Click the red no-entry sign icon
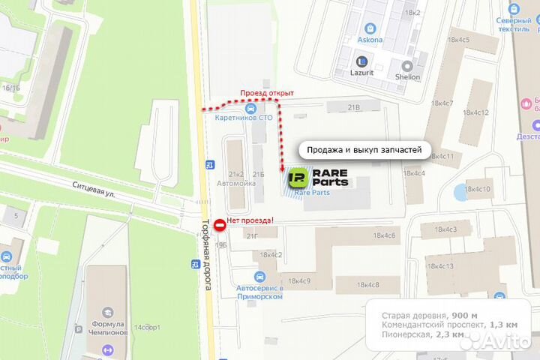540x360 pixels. click(x=220, y=224)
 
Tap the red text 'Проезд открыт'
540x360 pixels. click(x=266, y=93)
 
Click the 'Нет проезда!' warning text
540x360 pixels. click(x=251, y=220)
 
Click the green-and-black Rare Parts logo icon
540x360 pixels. click(x=297, y=178)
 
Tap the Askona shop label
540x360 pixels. click(x=370, y=40)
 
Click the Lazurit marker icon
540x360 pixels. click(x=362, y=61)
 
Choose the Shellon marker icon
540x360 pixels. click(x=408, y=66)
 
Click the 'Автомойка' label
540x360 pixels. click(x=231, y=182)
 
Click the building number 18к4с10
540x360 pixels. click(x=478, y=189)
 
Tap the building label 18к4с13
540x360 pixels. click(x=442, y=266)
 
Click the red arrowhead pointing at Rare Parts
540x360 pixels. click(x=282, y=169)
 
